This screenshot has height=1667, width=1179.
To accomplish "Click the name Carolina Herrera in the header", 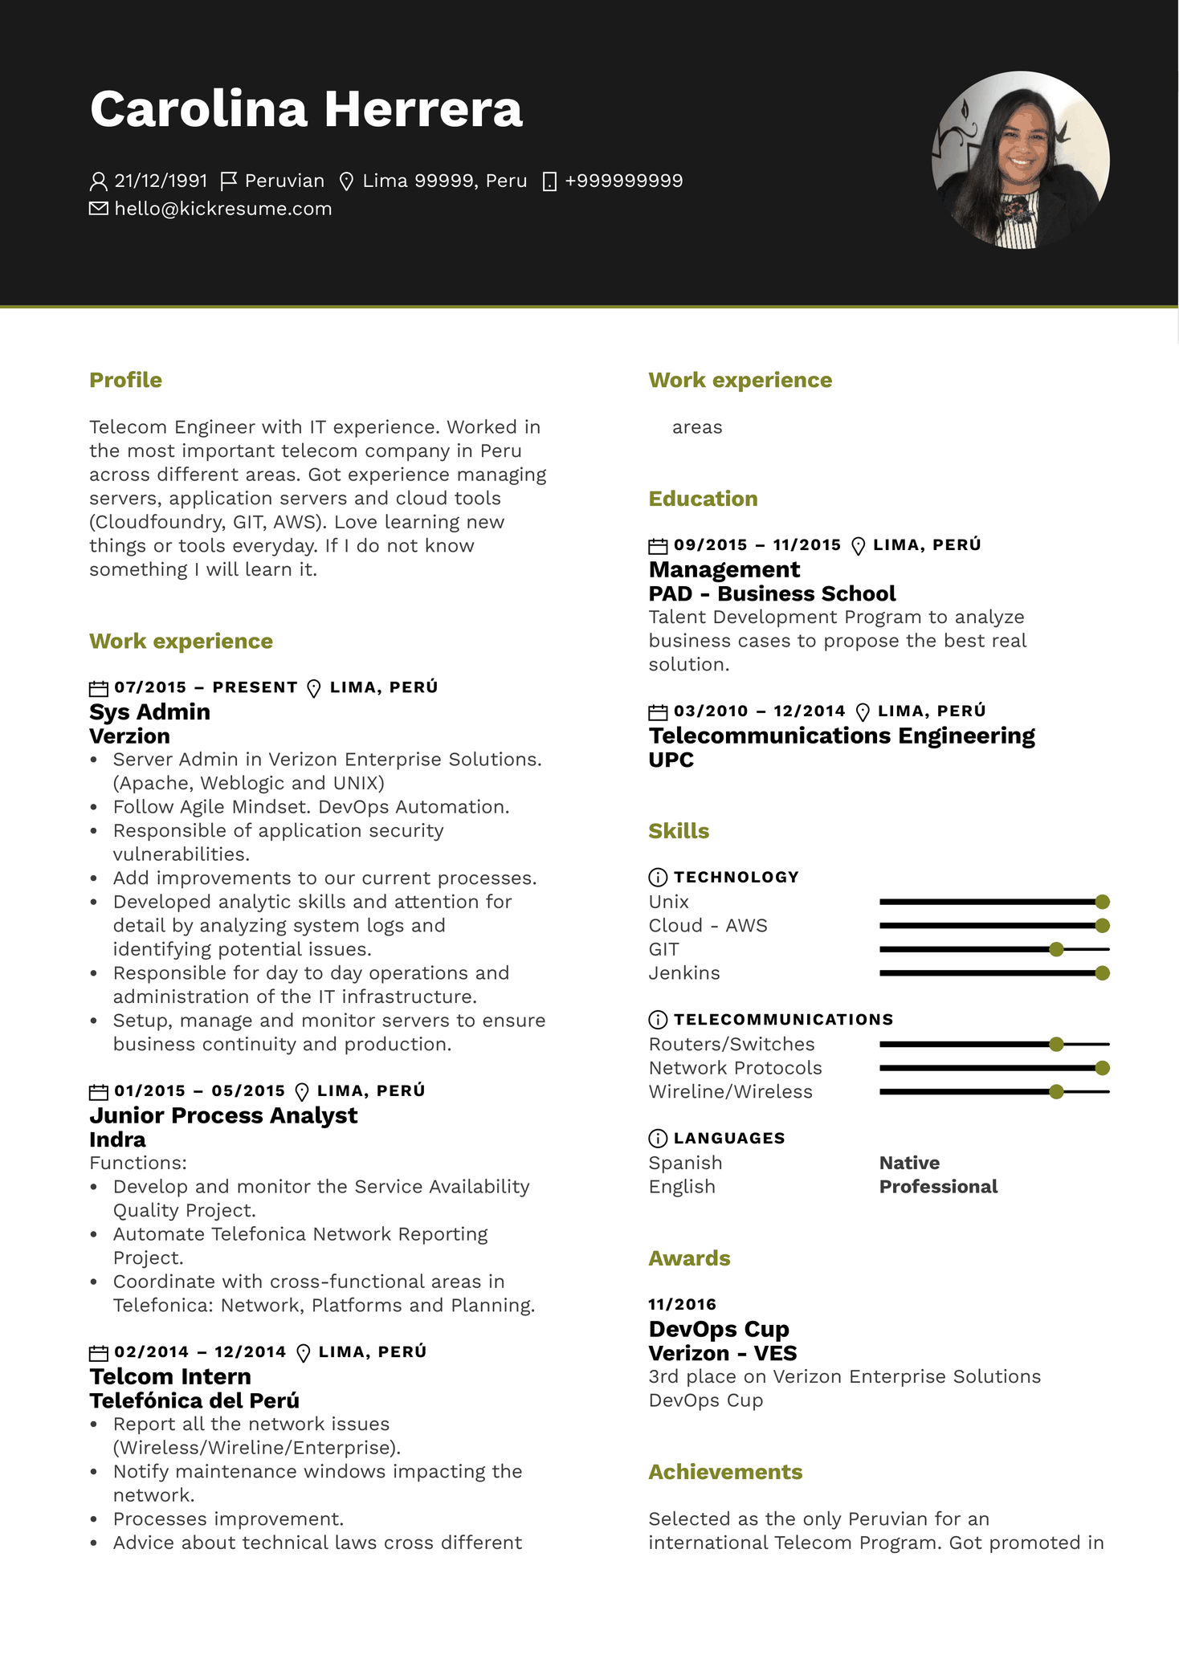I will [x=306, y=109].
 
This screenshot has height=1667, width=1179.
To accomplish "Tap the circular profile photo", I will [x=1020, y=160].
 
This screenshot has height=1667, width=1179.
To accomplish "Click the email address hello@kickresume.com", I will [x=222, y=209].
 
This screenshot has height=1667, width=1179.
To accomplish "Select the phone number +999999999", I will [x=623, y=181].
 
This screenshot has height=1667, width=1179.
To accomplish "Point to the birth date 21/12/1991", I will [x=161, y=181].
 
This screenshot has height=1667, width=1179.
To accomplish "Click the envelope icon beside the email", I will [x=98, y=209].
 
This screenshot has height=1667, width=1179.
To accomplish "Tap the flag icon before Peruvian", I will [x=229, y=181].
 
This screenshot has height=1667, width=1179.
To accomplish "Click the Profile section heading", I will [x=125, y=380].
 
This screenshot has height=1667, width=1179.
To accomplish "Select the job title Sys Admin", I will [x=149, y=711].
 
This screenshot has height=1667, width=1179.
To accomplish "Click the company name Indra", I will [x=117, y=1139].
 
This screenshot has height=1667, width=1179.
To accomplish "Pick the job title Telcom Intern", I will [x=170, y=1376].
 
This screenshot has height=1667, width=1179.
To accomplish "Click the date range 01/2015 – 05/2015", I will [x=199, y=1090].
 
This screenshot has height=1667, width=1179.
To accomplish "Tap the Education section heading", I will [x=703, y=499].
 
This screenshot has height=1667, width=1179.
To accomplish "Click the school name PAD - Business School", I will [x=772, y=593].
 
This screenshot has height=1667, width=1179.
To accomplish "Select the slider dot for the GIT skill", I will [x=1056, y=949].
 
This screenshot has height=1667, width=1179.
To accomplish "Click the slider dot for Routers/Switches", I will [x=1056, y=1044].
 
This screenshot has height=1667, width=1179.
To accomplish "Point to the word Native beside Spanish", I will [x=909, y=1163].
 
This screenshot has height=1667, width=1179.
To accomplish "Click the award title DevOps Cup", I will [x=719, y=1329].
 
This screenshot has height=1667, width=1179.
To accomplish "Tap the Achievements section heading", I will [x=725, y=1472].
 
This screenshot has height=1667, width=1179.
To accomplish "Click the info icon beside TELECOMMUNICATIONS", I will [x=657, y=1020].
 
